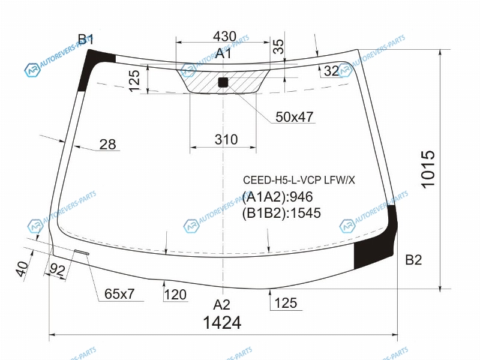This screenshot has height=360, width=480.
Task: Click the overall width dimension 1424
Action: point(222,323)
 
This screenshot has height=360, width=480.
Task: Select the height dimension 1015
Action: point(428,169)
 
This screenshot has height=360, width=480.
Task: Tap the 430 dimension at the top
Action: point(224,37)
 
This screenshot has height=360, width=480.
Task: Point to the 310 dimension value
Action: point(226,140)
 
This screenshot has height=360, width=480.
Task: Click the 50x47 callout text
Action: point(295,117)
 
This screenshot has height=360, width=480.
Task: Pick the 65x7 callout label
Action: point(119,294)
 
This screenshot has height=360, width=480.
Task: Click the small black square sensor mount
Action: point(223,82)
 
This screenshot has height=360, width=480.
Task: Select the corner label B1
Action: point(85,40)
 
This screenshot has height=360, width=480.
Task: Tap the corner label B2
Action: point(413,260)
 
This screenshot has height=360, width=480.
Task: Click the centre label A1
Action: point(223,53)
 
